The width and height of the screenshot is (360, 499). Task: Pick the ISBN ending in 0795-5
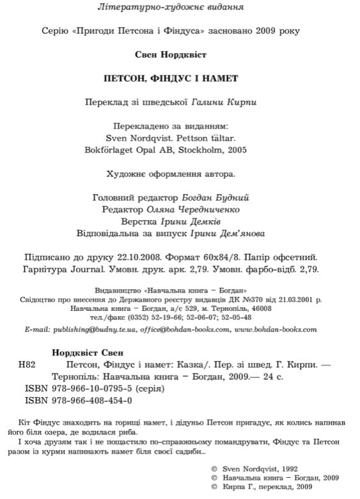point(86,388)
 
